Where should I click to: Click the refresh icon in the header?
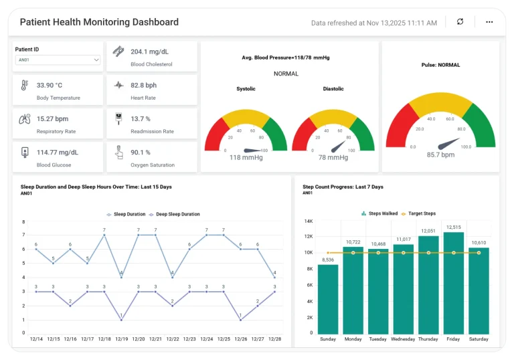(x=460, y=22)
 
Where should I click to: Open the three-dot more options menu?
(x=489, y=22)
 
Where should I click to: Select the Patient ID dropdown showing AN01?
(x=58, y=60)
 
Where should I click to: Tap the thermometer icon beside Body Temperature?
(x=24, y=85)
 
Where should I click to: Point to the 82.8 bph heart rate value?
(x=144, y=85)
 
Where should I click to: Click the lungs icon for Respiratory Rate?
(x=25, y=119)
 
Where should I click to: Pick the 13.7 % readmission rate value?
(x=141, y=118)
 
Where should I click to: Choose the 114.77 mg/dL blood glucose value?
(x=58, y=152)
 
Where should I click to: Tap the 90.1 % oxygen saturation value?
(x=141, y=152)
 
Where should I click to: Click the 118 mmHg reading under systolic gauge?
(x=244, y=158)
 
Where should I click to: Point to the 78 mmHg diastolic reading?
(x=333, y=158)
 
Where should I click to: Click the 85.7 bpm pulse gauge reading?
(x=440, y=155)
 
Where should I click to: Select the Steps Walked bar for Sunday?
(x=328, y=299)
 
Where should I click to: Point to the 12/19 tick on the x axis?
(x=121, y=339)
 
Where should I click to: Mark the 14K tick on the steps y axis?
(x=309, y=221)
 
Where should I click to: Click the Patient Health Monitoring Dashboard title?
(x=99, y=22)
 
